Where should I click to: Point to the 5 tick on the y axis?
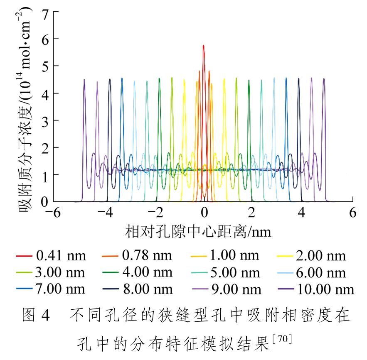point(44,66)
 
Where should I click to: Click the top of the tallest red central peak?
point(203,46)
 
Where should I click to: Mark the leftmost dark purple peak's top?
point(84,80)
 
